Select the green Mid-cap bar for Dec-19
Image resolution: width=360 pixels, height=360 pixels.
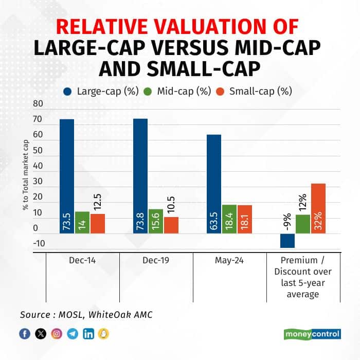pyautogui.click(x=156, y=221)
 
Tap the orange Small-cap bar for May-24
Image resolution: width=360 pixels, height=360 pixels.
pyautogui.click(x=245, y=219)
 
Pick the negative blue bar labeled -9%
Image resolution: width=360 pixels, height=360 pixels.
pyautogui.click(x=287, y=241)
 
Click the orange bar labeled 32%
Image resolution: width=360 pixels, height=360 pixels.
pyautogui.click(x=318, y=208)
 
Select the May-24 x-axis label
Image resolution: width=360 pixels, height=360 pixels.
pyautogui.click(x=229, y=261)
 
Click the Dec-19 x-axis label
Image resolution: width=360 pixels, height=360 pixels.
pyautogui.click(x=156, y=261)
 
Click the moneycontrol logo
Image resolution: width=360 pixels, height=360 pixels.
pyautogui.click(x=312, y=334)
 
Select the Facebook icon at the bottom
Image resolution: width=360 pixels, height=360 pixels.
pyautogui.click(x=24, y=334)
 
